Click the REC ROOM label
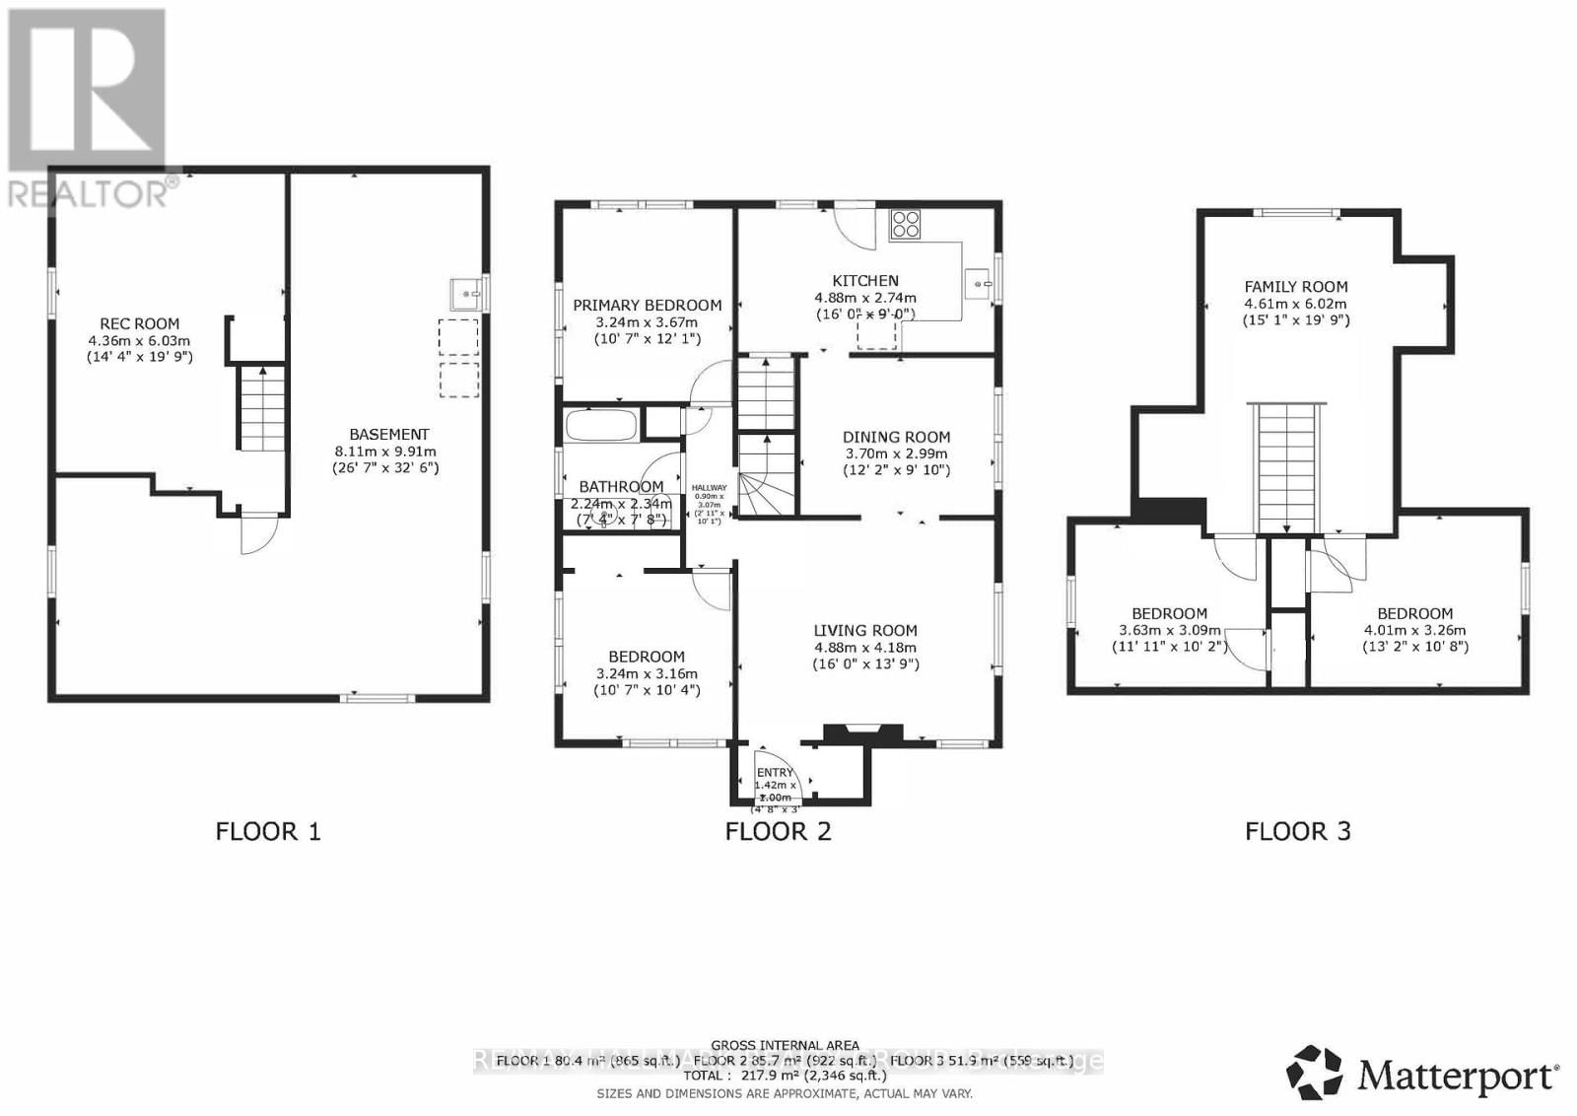coord(140,323)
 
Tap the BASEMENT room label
coord(389,434)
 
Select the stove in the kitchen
coord(905,225)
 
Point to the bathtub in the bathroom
coord(600,426)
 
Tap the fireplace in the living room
coord(863,732)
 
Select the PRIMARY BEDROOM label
coord(647,306)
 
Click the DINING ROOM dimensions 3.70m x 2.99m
coord(896,453)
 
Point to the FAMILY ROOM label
coord(1295,287)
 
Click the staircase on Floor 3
coord(1287,467)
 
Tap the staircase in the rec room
coord(262,408)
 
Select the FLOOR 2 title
coord(778,831)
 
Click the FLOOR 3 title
coord(1298,831)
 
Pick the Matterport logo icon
coord(1314,1073)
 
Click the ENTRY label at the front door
coord(775,773)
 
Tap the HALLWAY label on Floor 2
coord(709,488)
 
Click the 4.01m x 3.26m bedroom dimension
coord(1414,630)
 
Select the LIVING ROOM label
coord(864,631)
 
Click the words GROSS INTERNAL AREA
coord(785,1045)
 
